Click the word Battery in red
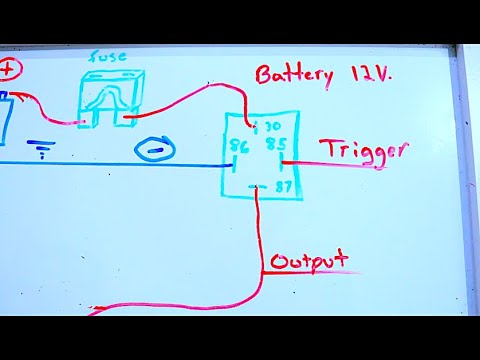point(290,75)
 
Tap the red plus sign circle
point(9,69)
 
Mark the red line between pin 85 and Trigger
point(300,159)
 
